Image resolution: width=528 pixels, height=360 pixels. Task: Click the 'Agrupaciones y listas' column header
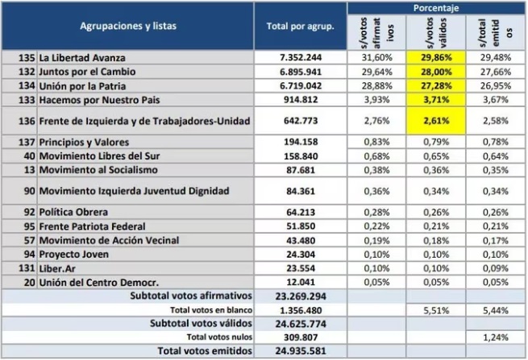click(128, 26)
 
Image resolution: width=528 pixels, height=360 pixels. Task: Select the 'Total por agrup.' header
click(301, 27)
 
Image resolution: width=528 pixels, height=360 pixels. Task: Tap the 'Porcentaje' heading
click(436, 8)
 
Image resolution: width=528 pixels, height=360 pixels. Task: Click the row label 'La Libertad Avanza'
click(82, 58)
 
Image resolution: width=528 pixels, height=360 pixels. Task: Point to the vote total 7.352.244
click(301, 57)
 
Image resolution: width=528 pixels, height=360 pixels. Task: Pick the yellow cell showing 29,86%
click(436, 57)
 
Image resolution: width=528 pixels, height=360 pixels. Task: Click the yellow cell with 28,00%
click(436, 72)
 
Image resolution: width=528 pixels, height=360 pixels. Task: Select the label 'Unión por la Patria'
click(82, 86)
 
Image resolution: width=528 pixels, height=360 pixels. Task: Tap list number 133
click(27, 100)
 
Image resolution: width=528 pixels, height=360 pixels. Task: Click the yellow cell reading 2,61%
click(436, 121)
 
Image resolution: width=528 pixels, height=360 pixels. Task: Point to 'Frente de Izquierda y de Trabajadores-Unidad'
click(144, 121)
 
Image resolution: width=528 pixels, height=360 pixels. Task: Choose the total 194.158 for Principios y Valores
click(301, 142)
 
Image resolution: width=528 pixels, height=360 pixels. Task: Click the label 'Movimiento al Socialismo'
click(98, 170)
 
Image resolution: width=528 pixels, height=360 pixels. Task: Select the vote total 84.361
click(301, 191)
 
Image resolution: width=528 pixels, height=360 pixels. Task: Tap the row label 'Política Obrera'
click(73, 212)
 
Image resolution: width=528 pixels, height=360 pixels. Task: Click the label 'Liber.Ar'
click(57, 268)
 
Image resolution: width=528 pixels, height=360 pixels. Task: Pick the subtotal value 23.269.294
click(301, 296)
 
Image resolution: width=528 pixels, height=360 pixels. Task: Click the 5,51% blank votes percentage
click(436, 310)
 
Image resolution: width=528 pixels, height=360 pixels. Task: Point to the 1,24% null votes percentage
click(495, 337)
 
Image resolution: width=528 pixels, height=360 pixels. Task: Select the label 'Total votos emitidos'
click(205, 351)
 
